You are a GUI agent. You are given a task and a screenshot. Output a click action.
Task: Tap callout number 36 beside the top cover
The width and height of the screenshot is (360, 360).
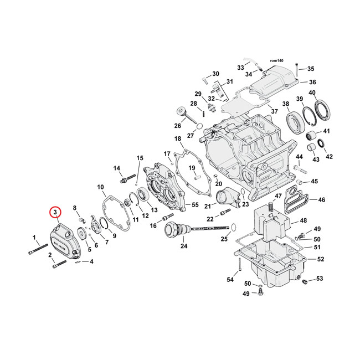[x=312, y=82]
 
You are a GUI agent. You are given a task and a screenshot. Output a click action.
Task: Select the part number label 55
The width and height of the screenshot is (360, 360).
[x=194, y=205]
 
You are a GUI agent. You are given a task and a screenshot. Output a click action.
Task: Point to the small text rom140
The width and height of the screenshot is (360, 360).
[x=276, y=59]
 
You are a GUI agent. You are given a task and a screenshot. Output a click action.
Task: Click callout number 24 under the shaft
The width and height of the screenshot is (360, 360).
[x=184, y=246]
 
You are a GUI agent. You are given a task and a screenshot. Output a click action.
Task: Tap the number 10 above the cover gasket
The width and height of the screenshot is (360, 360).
[x=100, y=187]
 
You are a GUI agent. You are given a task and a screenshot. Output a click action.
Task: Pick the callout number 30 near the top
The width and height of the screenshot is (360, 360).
[x=215, y=74]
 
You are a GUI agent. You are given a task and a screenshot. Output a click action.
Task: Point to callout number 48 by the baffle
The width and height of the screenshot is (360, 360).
[x=302, y=220]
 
